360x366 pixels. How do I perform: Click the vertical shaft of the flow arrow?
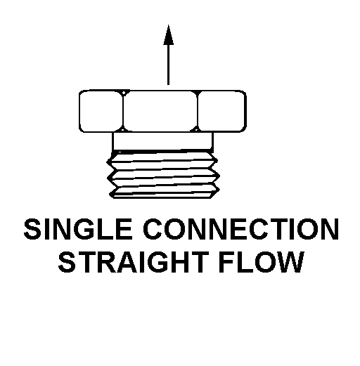(x=168, y=65)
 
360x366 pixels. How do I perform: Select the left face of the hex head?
(x=101, y=111)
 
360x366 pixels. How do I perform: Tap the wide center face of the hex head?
(x=160, y=111)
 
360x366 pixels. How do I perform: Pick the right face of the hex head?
(x=221, y=111)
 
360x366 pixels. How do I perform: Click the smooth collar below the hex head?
(x=162, y=141)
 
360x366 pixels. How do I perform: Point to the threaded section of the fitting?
(x=163, y=175)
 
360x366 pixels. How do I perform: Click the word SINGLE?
(x=78, y=229)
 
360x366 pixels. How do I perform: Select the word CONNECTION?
(x=241, y=229)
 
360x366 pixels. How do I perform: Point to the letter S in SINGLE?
(x=32, y=229)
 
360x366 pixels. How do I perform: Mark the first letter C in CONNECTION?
(x=153, y=229)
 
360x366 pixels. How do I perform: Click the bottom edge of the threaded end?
(x=162, y=197)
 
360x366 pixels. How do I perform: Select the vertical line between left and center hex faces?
(x=123, y=111)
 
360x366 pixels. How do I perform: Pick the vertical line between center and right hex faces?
(x=198, y=111)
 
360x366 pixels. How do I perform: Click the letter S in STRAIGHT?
(x=67, y=262)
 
